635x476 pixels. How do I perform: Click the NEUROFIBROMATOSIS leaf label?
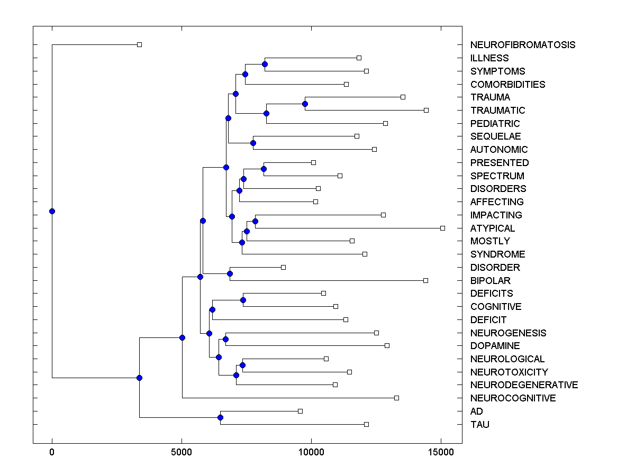(x=522, y=45)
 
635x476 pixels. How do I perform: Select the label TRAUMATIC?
(x=497, y=111)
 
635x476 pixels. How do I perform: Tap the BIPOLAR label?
(x=490, y=281)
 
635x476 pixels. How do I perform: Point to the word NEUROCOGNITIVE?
(x=513, y=398)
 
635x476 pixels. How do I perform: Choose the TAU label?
(x=479, y=425)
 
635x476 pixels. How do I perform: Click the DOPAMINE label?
(x=495, y=346)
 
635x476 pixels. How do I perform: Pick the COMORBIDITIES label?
(x=507, y=85)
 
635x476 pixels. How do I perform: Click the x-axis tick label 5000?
(x=182, y=452)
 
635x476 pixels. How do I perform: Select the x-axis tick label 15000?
(x=441, y=452)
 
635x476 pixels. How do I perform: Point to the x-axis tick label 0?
(x=52, y=452)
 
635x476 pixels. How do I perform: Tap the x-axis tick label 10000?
(x=311, y=452)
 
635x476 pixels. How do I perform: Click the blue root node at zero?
(x=52, y=212)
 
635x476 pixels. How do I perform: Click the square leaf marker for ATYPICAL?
(x=442, y=228)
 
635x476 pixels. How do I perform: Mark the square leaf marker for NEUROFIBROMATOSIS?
(x=139, y=45)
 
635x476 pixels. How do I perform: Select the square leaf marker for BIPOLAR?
(x=425, y=280)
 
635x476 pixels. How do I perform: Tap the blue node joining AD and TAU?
(x=220, y=418)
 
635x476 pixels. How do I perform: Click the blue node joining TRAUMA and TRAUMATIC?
(x=305, y=104)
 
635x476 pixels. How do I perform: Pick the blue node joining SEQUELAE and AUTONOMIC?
(x=253, y=143)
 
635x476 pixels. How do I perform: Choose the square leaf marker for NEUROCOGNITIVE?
(x=396, y=398)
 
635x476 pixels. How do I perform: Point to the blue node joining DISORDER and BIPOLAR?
(x=230, y=273)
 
